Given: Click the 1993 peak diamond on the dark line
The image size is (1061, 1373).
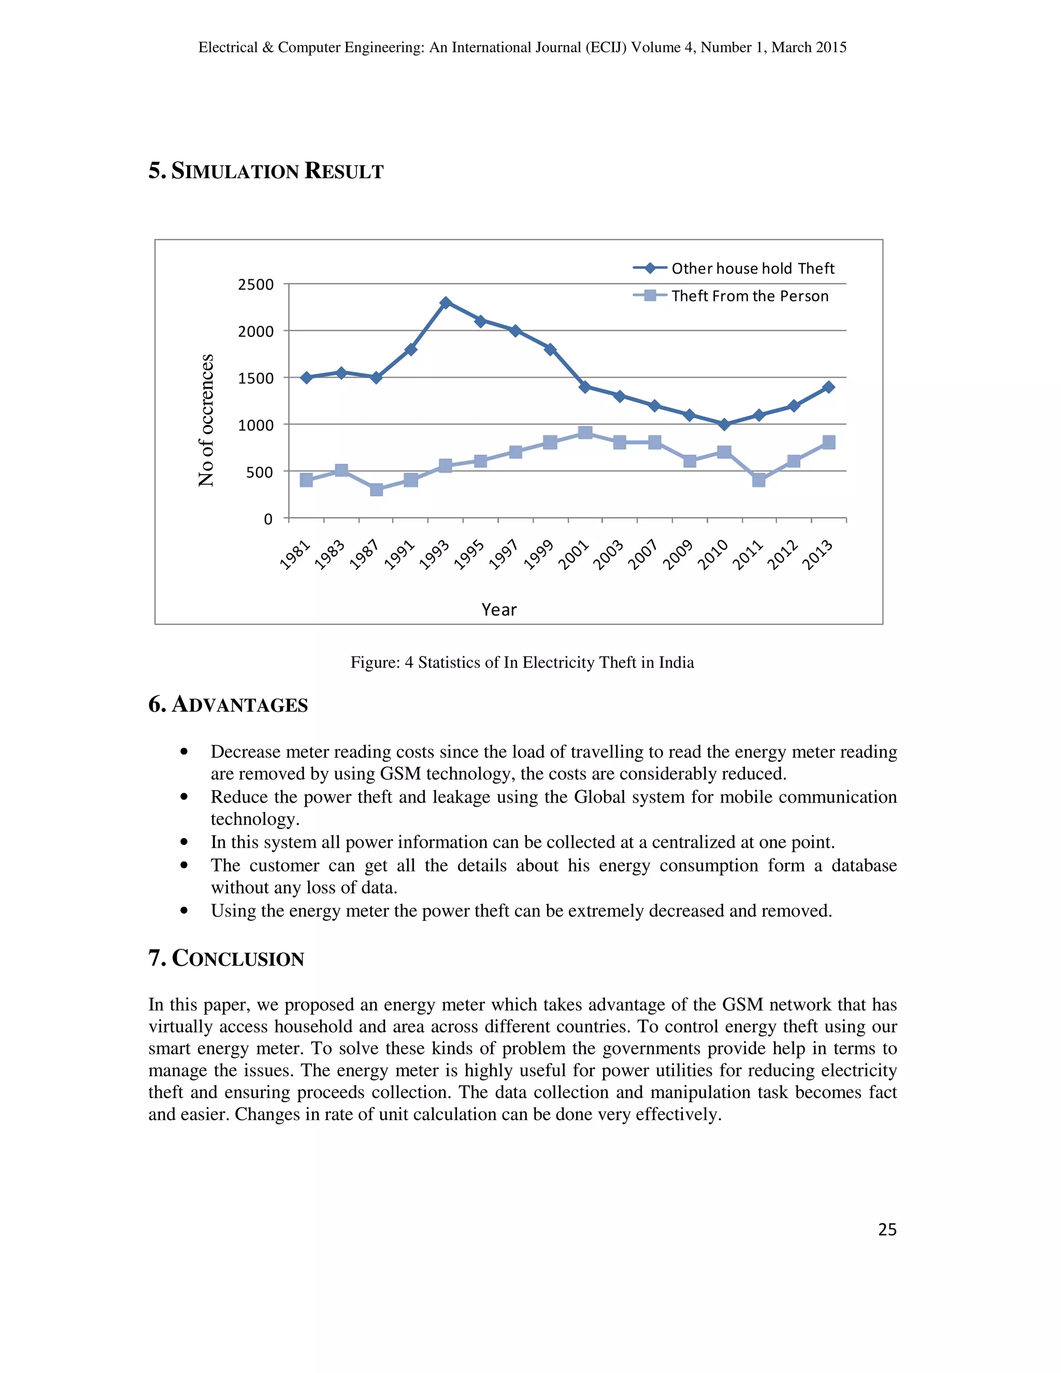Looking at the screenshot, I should pos(446,303).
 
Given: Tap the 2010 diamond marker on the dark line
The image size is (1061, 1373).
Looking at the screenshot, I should pos(724,424).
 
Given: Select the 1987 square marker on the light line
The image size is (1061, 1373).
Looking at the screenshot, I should pos(377,489).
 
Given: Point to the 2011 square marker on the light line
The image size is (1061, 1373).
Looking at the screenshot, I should pos(758,480).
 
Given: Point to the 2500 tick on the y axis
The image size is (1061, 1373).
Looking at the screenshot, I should pos(256,285).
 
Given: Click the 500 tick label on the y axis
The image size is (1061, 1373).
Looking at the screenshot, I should pos(260,472).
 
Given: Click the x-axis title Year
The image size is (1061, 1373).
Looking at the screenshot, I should pos(499,609).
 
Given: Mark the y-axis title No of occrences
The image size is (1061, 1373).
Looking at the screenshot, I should pos(206,420).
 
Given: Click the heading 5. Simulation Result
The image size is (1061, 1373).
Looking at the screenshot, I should pos(266,171).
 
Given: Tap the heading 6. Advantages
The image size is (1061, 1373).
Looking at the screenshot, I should pos(228,704).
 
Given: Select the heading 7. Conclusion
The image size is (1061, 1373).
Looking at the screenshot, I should pos(226,958).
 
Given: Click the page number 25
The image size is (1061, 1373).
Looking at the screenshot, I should pos(887,1229).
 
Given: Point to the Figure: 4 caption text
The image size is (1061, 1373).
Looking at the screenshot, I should pos(522,663).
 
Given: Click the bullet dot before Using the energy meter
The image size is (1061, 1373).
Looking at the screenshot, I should pos(184,910).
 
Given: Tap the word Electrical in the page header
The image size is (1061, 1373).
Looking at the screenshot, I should pos(228,48).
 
